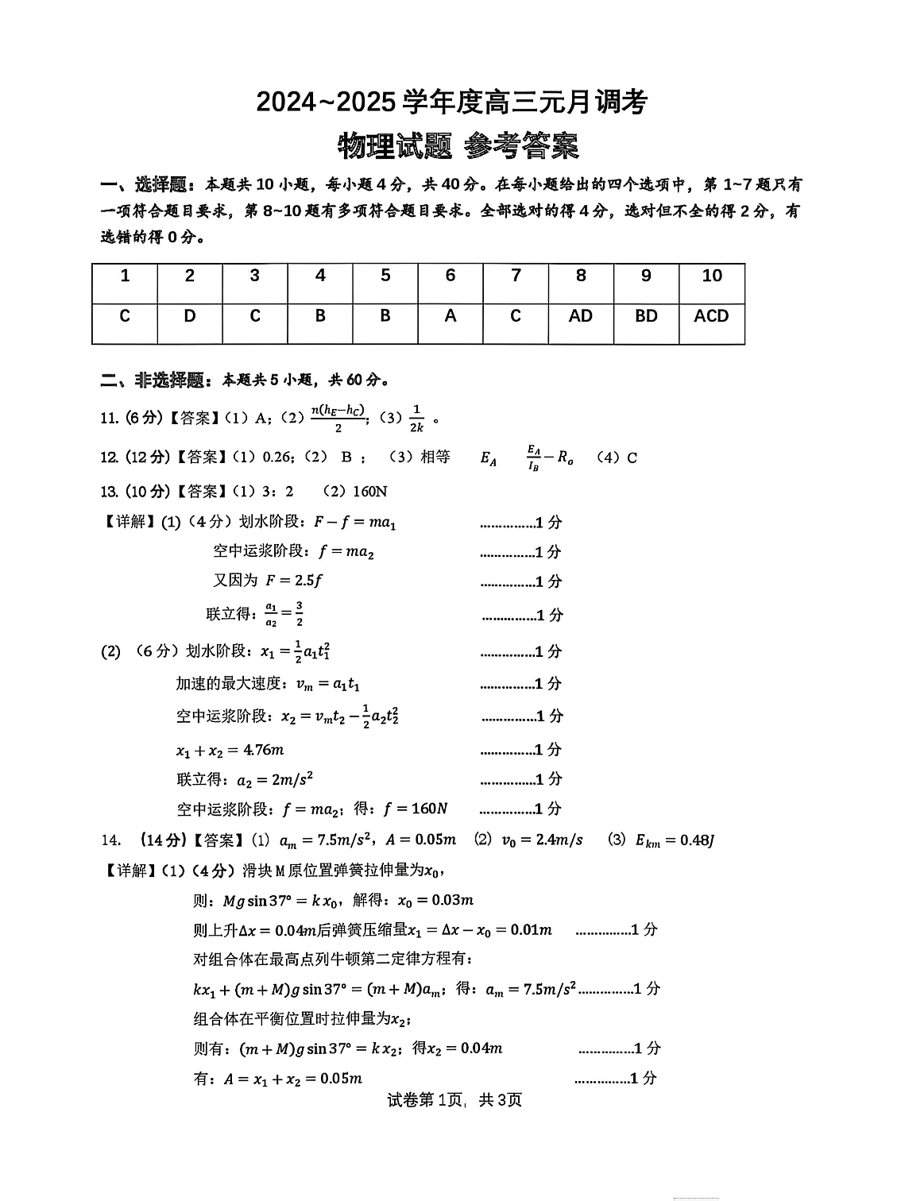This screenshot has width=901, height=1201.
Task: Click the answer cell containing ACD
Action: coord(711,316)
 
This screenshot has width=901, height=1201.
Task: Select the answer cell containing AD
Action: coord(581,316)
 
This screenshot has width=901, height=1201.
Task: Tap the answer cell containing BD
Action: coord(646,316)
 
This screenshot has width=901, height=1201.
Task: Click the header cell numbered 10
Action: coord(712,276)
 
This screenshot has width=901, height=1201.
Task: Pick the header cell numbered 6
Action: coord(450,276)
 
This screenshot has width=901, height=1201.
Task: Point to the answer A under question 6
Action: coord(450,316)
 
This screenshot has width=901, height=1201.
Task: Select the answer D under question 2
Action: coord(189,316)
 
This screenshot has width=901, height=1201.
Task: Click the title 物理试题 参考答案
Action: coord(458,145)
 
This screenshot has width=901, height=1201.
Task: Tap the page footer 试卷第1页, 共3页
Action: coord(454,1100)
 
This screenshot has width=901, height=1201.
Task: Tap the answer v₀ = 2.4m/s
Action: coord(543,840)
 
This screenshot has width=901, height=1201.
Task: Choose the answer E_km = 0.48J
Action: coord(675,840)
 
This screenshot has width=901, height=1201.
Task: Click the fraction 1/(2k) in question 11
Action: coord(416,419)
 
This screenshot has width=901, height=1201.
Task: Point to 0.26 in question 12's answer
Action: coord(276,458)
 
